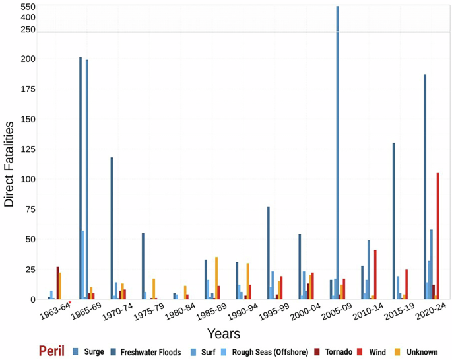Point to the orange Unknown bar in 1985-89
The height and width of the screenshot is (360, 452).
click(x=216, y=278)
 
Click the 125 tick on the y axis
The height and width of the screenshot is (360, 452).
click(x=26, y=149)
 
